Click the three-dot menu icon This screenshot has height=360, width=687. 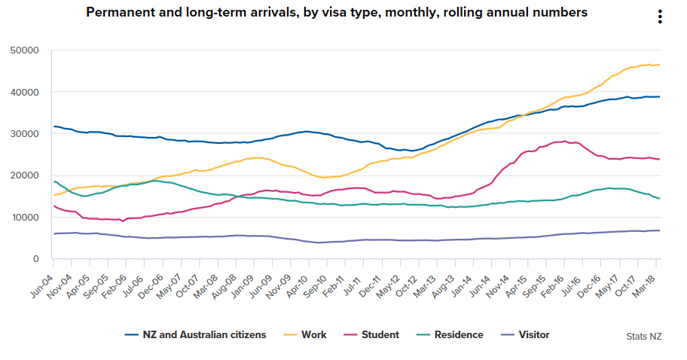pos(659,17)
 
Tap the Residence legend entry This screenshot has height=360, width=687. pos(453,334)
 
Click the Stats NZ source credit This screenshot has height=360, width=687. pos(644,336)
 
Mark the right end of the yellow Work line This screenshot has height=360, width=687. pos(660,65)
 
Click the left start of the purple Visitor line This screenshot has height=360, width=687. pos(53,233)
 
